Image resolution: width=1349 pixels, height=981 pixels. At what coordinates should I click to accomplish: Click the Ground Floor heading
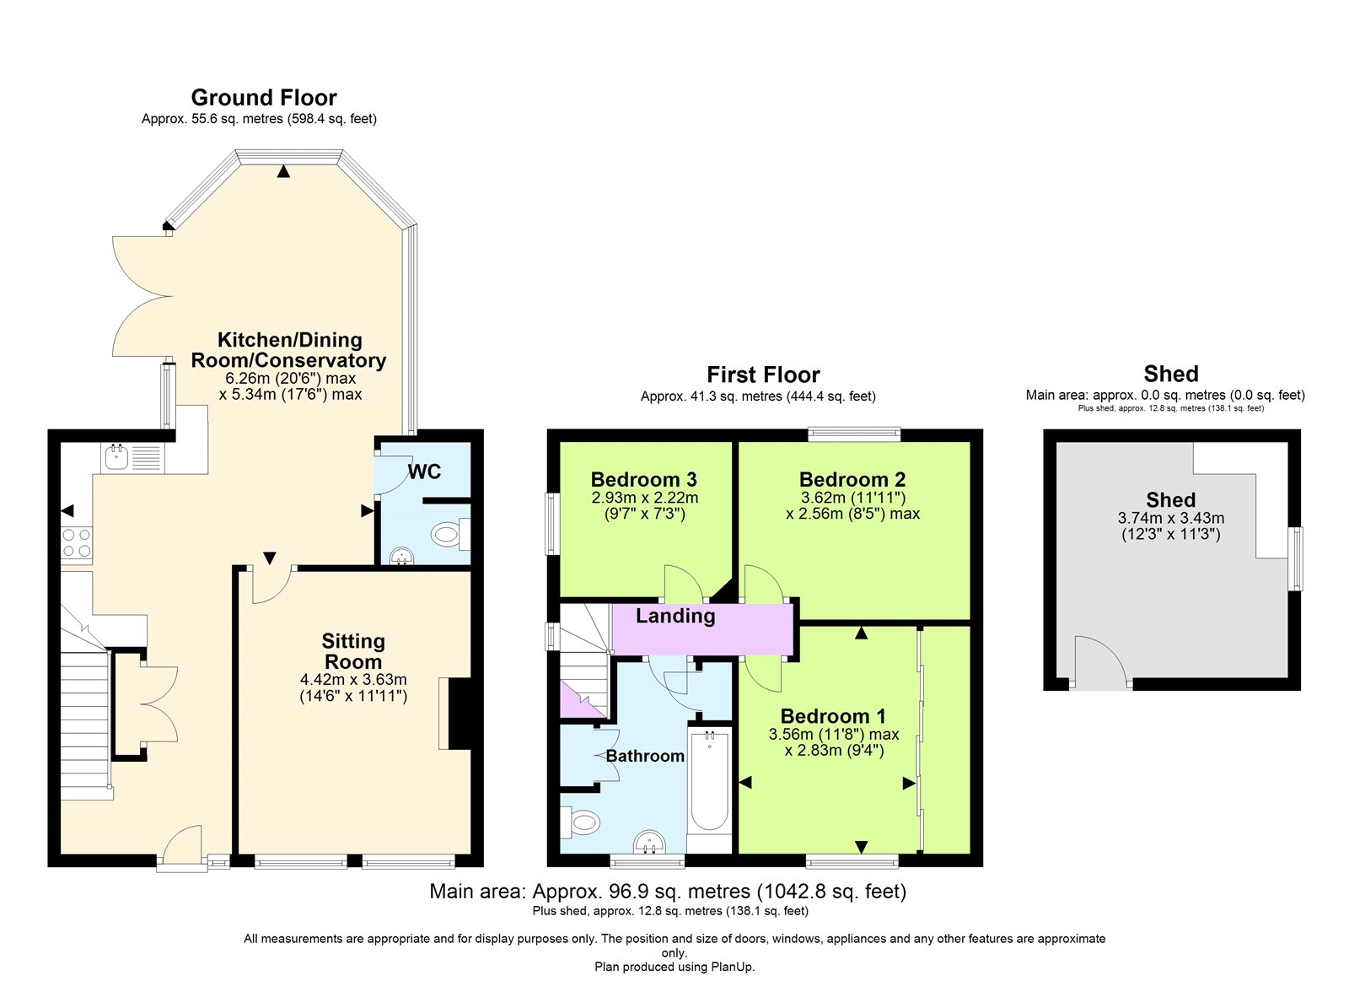pyautogui.click(x=264, y=98)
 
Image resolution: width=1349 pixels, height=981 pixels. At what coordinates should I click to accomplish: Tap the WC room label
pyautogui.click(x=425, y=472)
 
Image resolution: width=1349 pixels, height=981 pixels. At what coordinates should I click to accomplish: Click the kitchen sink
pyautogui.click(x=116, y=456)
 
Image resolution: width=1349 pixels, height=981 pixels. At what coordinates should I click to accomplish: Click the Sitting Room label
pyautogui.click(x=353, y=651)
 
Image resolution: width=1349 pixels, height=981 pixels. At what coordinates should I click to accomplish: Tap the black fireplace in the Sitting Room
pyautogui.click(x=460, y=714)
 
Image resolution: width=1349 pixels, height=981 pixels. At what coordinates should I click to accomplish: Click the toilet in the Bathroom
pyautogui.click(x=580, y=822)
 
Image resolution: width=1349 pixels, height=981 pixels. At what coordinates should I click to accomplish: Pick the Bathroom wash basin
pyautogui.click(x=649, y=843)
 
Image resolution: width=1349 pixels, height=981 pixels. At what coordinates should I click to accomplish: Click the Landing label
pyautogui.click(x=675, y=616)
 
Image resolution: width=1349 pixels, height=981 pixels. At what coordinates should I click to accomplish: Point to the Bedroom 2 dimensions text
pyautogui.click(x=852, y=505)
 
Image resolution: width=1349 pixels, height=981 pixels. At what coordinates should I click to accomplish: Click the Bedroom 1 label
pyautogui.click(x=834, y=716)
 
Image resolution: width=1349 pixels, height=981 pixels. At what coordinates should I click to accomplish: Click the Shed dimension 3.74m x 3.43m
pyautogui.click(x=1171, y=518)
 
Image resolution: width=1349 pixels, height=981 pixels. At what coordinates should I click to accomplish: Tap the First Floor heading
pyautogui.click(x=763, y=375)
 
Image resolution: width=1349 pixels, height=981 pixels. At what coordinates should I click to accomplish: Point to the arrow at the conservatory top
pyautogui.click(x=283, y=172)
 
